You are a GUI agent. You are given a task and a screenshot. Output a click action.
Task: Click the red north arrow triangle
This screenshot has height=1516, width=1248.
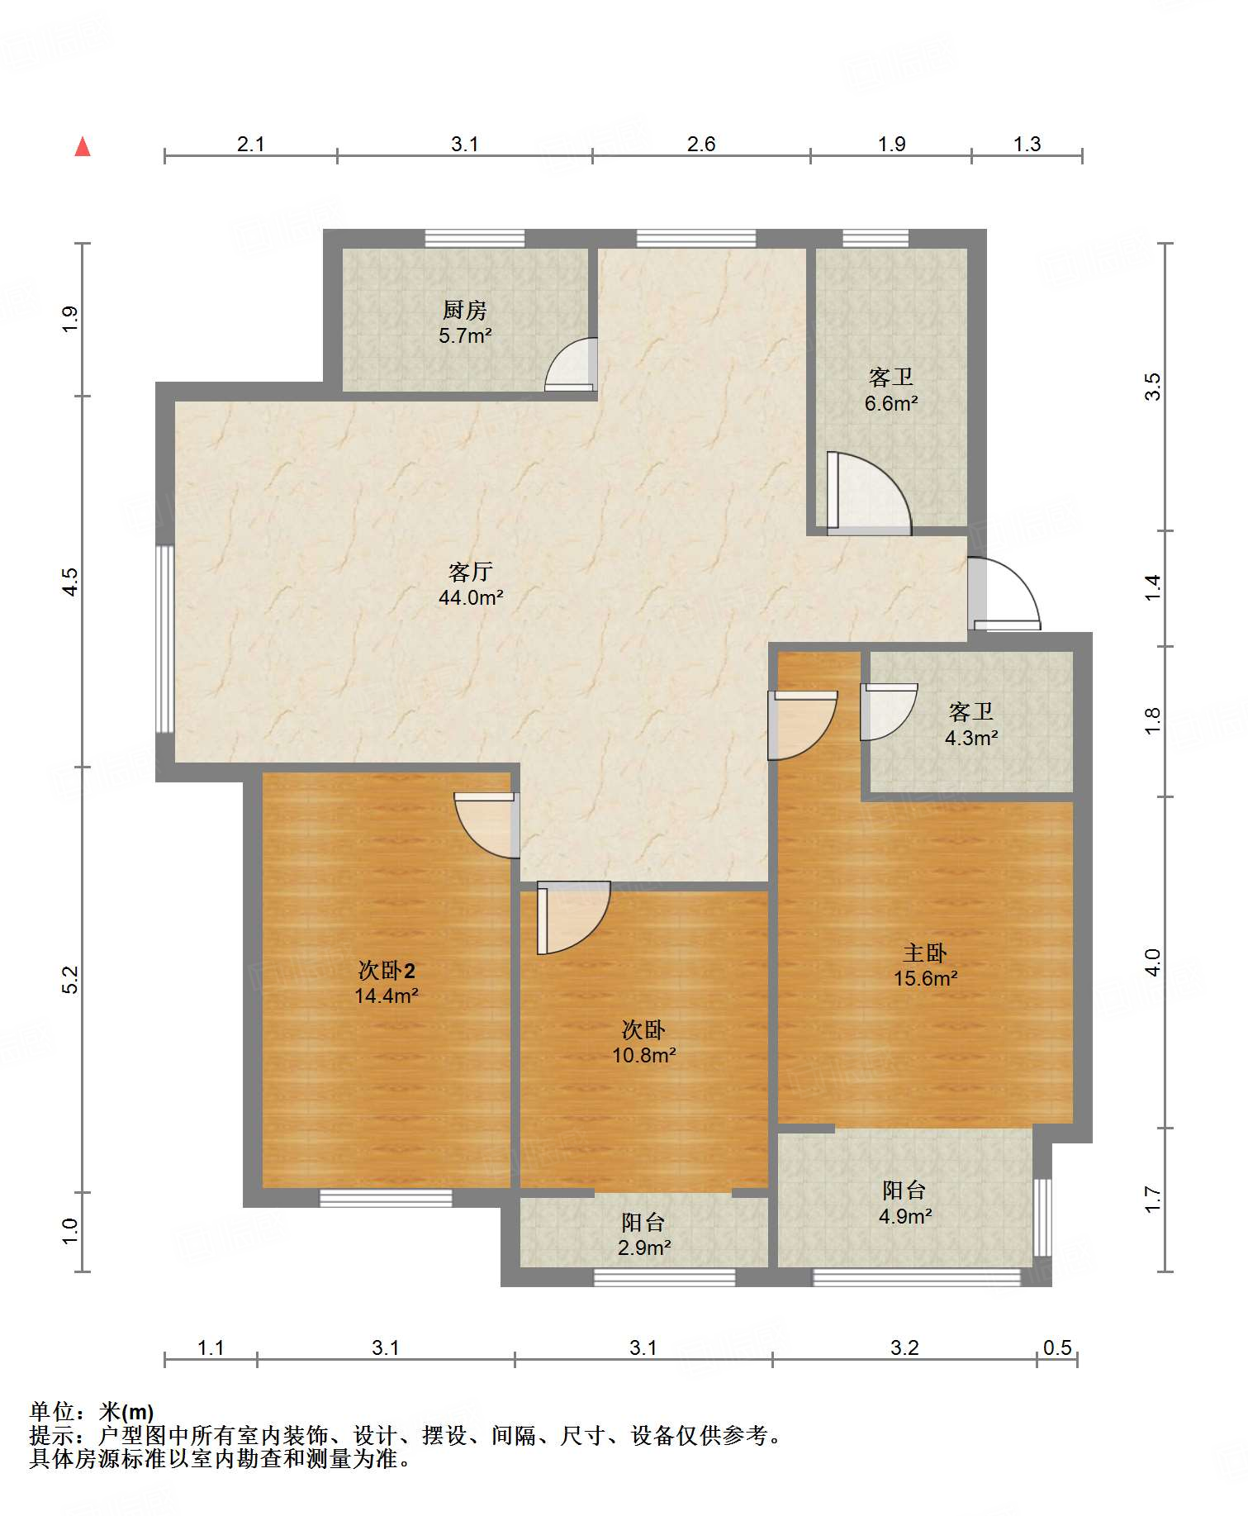pos(83,147)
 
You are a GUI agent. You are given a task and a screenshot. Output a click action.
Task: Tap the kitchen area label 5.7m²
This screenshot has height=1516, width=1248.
pos(465,336)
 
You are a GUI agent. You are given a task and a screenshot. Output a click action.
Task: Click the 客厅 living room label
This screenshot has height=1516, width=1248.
pos(471,572)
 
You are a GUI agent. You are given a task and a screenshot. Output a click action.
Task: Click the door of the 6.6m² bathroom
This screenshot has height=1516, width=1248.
pos(867,494)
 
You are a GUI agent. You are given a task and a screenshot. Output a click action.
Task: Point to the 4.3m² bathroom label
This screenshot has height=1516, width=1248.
pos(971,738)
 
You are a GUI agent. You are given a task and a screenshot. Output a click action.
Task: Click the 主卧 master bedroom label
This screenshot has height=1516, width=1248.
pos(924,953)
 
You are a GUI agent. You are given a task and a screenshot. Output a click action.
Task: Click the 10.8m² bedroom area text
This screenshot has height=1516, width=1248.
pos(644,1055)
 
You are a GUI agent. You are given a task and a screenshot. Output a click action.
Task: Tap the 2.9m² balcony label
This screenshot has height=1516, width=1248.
pos(644,1247)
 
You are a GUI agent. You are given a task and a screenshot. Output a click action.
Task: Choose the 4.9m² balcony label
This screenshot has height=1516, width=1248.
pos(905,1216)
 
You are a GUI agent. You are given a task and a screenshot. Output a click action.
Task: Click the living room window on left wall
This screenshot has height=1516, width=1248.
pos(165,639)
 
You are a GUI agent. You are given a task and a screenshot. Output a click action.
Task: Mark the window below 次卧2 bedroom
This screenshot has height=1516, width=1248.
pos(386,1198)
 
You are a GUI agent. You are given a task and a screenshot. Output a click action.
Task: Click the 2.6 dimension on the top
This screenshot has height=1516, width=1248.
pos(701,144)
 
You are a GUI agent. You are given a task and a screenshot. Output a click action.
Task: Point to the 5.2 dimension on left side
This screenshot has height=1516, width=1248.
pos(71,979)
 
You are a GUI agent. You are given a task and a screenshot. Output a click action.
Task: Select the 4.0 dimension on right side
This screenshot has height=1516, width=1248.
pos(1153,962)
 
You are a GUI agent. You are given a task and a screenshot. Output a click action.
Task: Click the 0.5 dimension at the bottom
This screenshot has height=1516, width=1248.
pos(1057,1348)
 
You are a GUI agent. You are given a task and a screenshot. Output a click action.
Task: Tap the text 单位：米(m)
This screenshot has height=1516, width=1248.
pos(92,1412)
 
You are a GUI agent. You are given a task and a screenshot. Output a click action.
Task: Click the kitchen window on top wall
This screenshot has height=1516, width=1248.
pos(475,238)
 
